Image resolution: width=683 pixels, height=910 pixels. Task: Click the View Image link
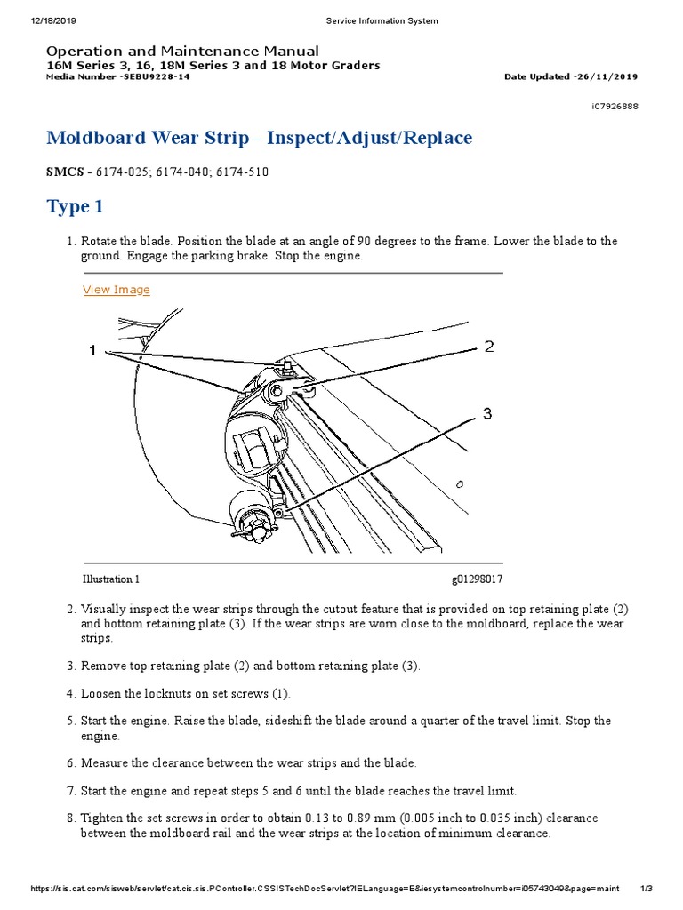(117, 290)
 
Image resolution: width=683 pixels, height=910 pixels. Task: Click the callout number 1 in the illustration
(92, 351)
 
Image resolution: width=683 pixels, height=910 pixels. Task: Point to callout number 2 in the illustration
(488, 347)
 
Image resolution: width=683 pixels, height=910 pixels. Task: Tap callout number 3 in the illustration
(487, 413)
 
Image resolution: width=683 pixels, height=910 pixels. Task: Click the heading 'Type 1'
(75, 207)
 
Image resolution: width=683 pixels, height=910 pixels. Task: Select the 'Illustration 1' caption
(111, 579)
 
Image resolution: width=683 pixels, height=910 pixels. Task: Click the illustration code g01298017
(477, 579)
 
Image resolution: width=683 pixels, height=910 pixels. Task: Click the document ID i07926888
(614, 106)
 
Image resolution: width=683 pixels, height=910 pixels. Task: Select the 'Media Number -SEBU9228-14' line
(117, 76)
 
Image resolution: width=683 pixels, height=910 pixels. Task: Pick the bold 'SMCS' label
(65, 172)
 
